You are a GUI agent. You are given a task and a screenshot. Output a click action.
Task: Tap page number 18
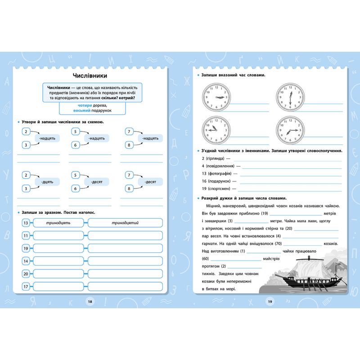click(x=90, y=301)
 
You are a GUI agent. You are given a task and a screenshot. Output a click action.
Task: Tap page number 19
click(x=270, y=301)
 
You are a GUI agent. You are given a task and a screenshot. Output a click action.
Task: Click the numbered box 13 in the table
click(x=26, y=223)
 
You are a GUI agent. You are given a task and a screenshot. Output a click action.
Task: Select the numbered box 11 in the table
click(x=26, y=235)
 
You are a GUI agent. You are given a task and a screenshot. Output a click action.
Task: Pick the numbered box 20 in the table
click(x=26, y=274)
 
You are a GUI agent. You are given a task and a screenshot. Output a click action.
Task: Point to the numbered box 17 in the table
click(x=26, y=286)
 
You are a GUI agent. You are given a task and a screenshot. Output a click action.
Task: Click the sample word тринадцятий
click(x=125, y=223)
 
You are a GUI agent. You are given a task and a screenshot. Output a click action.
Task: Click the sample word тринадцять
click(x=58, y=223)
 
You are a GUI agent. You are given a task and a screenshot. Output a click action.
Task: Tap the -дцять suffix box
click(x=47, y=181)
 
